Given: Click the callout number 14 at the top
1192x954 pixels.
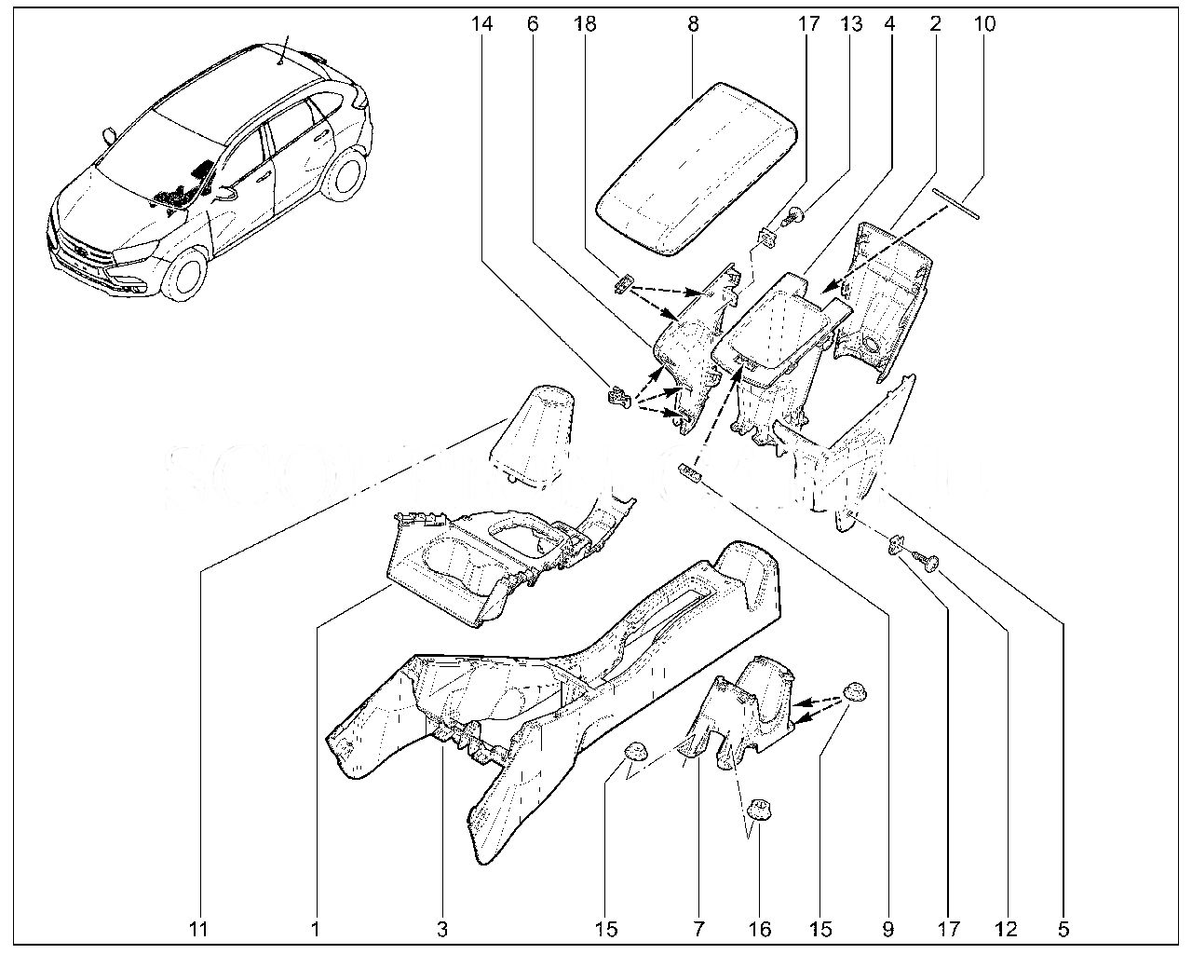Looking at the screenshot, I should [481, 23].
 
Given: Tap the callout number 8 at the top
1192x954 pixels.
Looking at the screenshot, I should [693, 23].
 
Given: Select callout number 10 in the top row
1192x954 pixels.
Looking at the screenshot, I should [984, 23].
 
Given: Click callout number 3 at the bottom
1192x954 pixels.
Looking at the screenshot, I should [441, 929].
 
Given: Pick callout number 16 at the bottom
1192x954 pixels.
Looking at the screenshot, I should [760, 929].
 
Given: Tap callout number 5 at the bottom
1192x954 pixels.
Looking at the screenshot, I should [1063, 929].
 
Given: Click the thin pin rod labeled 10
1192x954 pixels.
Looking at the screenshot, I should [956, 203].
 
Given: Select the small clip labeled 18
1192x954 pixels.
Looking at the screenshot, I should [624, 282].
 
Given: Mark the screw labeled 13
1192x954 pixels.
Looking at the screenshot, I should [791, 217].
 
